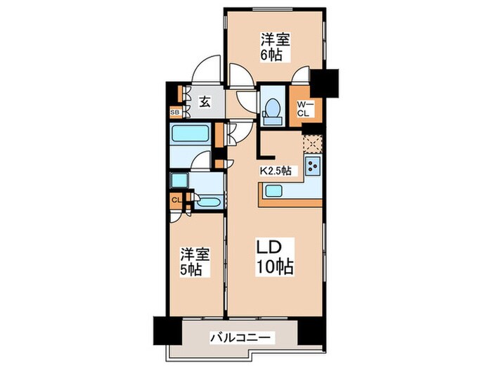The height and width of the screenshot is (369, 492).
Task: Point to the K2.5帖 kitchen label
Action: [276, 170]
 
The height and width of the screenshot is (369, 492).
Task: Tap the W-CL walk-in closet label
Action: [304, 109]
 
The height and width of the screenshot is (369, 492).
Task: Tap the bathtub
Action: [191, 134]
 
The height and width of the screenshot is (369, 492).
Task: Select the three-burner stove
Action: [312, 167]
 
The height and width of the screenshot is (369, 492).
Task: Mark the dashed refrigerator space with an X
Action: [311, 143]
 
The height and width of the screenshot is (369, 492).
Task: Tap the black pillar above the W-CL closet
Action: [324, 82]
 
